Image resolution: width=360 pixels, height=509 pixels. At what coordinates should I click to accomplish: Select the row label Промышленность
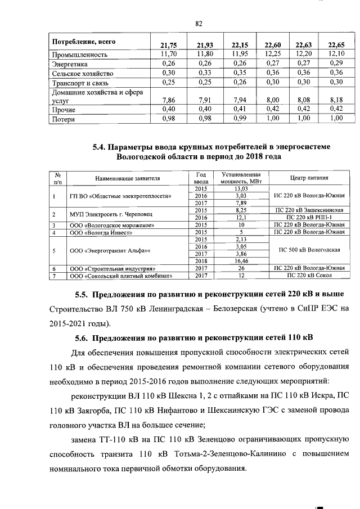pos(76,55)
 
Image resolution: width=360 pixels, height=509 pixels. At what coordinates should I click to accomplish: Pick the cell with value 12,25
pos(273,55)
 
